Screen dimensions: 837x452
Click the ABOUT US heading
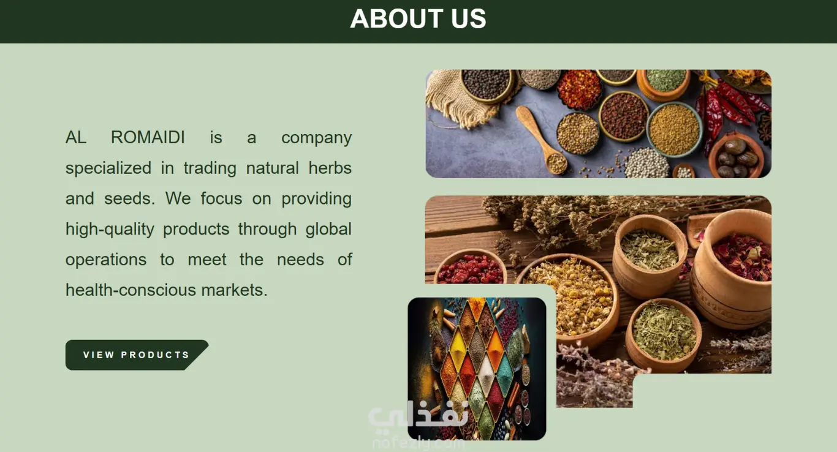[x=418, y=18]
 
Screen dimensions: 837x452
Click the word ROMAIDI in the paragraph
[x=148, y=137]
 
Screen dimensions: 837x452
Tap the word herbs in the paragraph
[x=330, y=168]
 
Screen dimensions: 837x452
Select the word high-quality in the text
[x=110, y=229]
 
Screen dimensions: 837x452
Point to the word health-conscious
[x=131, y=290]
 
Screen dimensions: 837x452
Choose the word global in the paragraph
[x=328, y=229]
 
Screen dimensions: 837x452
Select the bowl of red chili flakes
[x=579, y=89]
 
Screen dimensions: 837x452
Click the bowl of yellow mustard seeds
[x=675, y=129]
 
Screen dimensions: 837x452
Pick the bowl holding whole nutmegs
[x=735, y=156]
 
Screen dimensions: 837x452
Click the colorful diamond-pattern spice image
[x=477, y=368]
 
